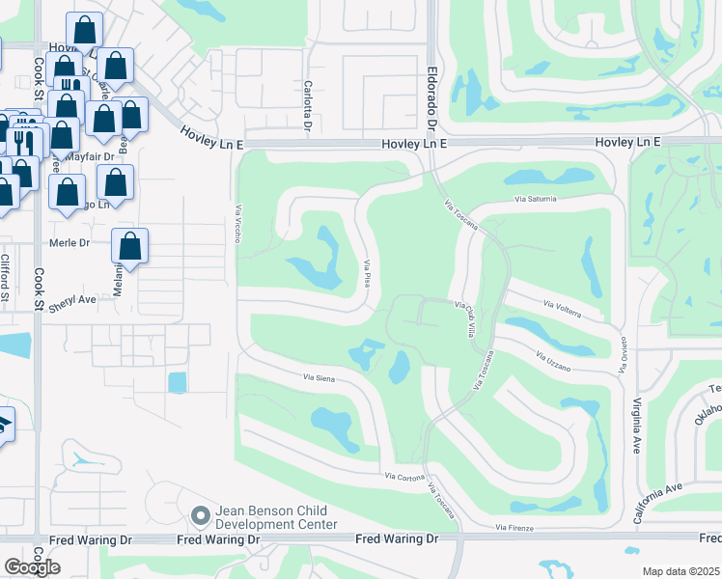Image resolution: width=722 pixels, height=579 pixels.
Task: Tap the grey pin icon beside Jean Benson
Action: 201,516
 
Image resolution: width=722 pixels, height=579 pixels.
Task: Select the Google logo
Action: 32,567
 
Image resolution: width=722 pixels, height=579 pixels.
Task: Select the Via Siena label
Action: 319,378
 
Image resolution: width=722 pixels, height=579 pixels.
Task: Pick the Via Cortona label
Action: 405,476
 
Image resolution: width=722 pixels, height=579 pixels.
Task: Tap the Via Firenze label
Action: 514,528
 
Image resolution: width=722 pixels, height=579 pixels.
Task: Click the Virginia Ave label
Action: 636,415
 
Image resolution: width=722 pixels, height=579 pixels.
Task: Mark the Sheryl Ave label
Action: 74,299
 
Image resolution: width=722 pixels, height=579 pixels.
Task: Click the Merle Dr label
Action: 69,243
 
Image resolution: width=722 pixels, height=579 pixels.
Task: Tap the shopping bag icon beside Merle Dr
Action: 130,247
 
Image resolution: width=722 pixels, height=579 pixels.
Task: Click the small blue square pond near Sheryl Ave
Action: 178,382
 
